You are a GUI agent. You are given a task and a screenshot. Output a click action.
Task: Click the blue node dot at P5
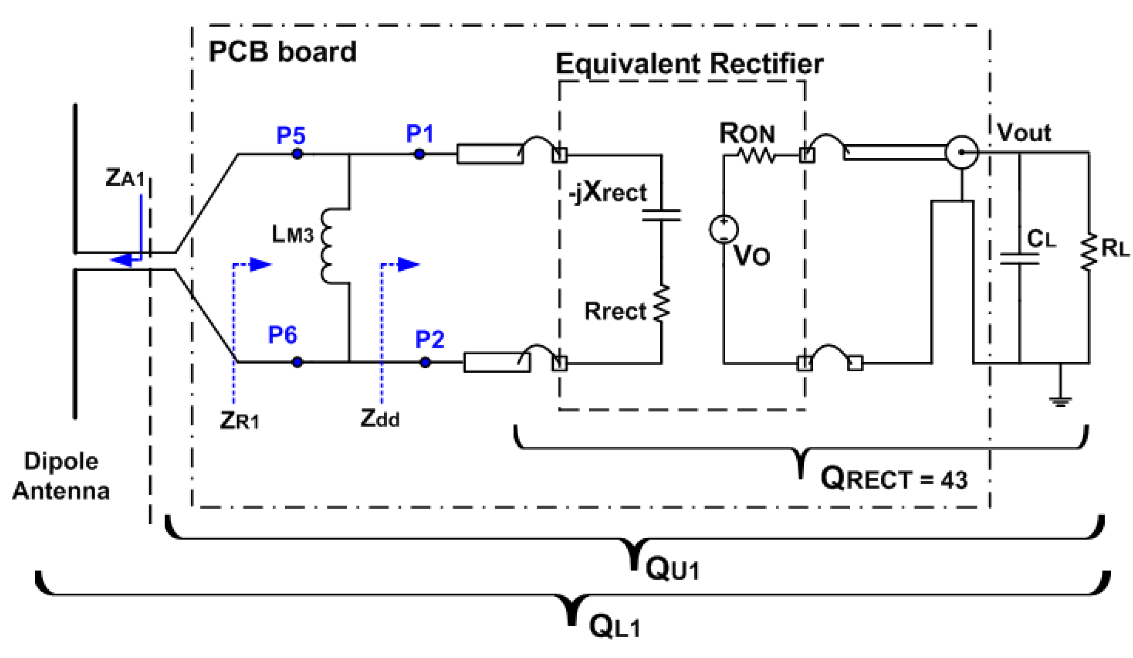pos(297,154)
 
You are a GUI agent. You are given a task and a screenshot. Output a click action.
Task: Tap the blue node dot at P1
pos(419,154)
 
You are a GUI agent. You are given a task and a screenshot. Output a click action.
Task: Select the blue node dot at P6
pos(297,362)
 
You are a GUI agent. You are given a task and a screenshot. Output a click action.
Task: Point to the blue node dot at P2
pos(425,362)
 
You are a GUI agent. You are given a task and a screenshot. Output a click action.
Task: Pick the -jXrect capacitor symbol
pos(661,216)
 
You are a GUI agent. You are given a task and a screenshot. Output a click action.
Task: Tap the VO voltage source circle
pos(723,229)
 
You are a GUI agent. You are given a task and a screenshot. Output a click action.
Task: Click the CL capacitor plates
pos(1019,259)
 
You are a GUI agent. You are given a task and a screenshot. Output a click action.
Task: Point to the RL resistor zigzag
pos(1088,251)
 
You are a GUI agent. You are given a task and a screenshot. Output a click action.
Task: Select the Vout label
pos(1024,132)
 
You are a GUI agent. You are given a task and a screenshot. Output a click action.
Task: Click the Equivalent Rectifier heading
pos(689,64)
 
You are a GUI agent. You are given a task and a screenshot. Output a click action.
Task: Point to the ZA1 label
pos(125,178)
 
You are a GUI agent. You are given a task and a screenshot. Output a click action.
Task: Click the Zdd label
pos(380,419)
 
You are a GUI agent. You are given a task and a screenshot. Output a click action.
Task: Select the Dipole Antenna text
pos(61,476)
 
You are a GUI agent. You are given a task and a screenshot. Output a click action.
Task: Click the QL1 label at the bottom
pos(614,627)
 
